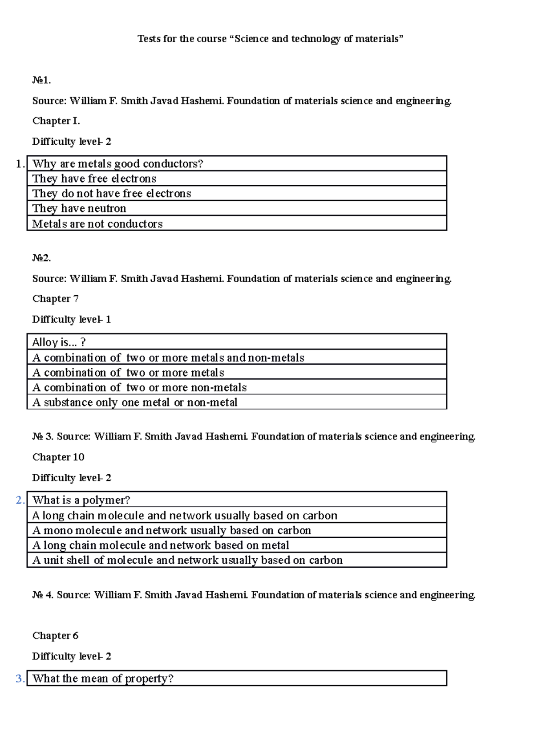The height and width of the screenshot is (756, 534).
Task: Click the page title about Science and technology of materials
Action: (x=270, y=39)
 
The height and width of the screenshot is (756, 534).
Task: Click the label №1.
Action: (x=41, y=80)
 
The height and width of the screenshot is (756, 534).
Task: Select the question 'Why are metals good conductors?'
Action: (x=117, y=164)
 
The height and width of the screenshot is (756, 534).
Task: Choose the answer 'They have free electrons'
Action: (x=94, y=179)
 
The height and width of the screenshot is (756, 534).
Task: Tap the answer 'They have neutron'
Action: (x=79, y=208)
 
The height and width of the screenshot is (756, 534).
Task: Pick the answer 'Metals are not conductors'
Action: (x=97, y=224)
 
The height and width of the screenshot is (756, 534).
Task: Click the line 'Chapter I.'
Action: (x=56, y=121)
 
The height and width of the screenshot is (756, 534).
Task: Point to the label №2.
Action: (x=41, y=258)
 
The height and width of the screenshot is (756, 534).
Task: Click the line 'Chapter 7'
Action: (x=55, y=299)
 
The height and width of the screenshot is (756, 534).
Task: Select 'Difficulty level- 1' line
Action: (x=71, y=319)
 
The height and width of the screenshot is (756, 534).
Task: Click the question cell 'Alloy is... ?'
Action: (x=59, y=342)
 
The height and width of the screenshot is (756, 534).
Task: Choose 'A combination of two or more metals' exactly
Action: (x=128, y=372)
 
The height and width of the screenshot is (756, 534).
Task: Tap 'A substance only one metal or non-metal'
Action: (x=135, y=402)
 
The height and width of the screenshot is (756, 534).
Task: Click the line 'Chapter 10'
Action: (x=58, y=457)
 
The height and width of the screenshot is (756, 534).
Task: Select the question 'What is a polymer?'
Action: (x=81, y=500)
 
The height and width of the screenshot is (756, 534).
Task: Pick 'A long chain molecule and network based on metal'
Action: (x=161, y=545)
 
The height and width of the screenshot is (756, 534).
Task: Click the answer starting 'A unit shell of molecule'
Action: (x=187, y=560)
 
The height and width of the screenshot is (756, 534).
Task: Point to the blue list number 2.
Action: (x=20, y=500)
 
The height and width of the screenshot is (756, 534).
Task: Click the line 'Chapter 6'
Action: (x=55, y=635)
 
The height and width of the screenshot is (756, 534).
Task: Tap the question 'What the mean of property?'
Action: (x=103, y=679)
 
